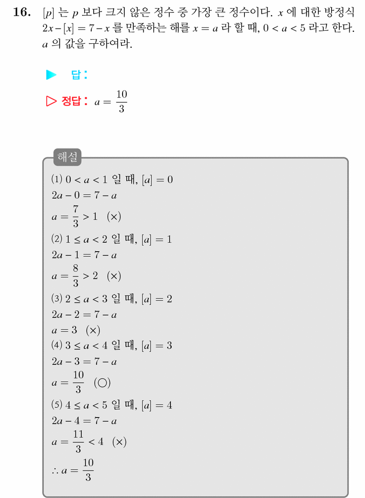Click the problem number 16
pos(22,12)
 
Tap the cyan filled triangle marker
pos(51,75)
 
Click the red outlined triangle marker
pos(51,101)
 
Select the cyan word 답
pos(76,75)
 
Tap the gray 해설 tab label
pos(67,157)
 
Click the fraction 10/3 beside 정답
pos(122,101)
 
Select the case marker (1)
pos(57,179)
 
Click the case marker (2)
pos(57,239)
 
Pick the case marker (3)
pos(57,298)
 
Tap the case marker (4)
pos(57,345)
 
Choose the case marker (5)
pos(57,404)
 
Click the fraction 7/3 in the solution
pos(76,216)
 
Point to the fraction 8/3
pos(76,276)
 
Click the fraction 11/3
pos(78,441)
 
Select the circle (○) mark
pos(102,383)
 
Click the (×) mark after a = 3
pos(93,330)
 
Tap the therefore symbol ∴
pos(55,471)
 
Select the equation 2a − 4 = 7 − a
pos(84,421)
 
